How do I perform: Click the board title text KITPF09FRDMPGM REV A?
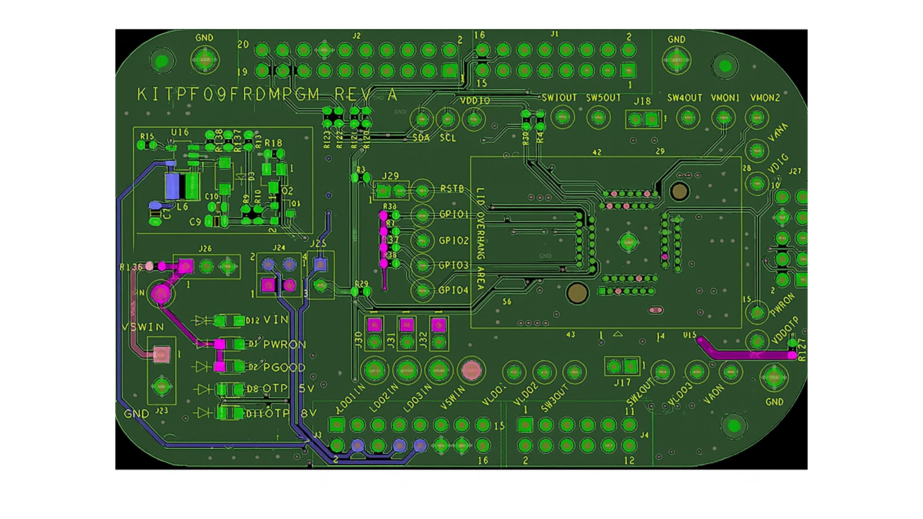click(x=267, y=95)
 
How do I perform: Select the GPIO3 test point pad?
click(x=422, y=266)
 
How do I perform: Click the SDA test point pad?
click(x=422, y=119)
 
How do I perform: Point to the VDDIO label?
click(x=475, y=100)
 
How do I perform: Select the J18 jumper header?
click(x=643, y=119)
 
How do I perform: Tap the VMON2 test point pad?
click(x=757, y=118)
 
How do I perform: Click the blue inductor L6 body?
click(x=173, y=185)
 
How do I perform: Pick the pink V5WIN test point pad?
click(x=471, y=370)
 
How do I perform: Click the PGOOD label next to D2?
click(x=284, y=368)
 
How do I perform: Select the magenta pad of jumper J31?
click(x=407, y=324)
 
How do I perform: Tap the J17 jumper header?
click(x=622, y=366)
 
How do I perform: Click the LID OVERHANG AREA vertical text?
click(x=480, y=239)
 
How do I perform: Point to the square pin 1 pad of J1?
click(x=628, y=71)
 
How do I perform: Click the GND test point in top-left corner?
click(x=205, y=59)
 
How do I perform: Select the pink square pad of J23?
click(x=162, y=355)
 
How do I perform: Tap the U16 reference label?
click(x=180, y=132)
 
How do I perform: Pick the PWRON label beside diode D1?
click(x=284, y=345)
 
